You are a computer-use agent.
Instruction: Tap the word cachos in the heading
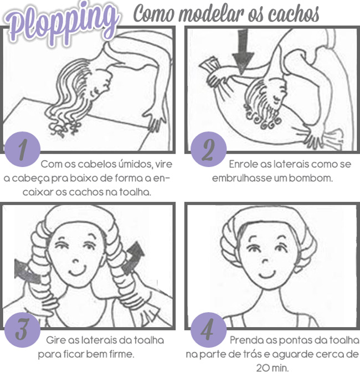click(x=294, y=13)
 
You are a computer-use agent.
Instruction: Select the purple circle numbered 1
click(x=22, y=149)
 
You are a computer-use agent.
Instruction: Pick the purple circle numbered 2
click(x=209, y=149)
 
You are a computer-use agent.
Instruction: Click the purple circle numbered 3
click(x=22, y=330)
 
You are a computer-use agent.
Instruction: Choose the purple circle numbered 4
click(x=209, y=330)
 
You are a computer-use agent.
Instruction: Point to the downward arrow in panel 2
click(x=243, y=52)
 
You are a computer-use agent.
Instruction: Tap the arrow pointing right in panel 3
click(x=27, y=271)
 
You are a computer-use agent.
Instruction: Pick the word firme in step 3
click(x=122, y=354)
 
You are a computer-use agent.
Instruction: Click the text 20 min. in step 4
click(x=272, y=368)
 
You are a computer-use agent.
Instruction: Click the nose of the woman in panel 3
click(x=76, y=261)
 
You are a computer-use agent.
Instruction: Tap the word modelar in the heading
click(x=212, y=13)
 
